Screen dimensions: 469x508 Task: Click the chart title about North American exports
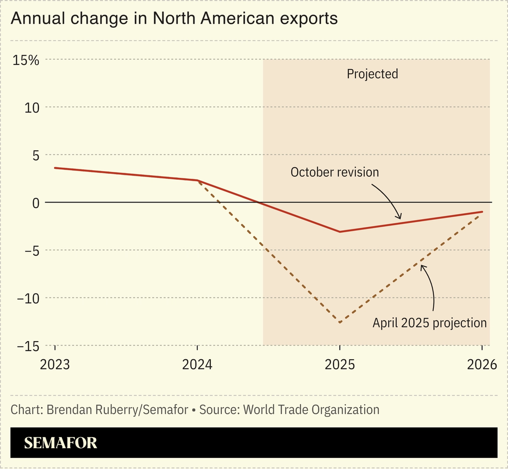pos(174,19)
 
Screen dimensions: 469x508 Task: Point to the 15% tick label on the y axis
pos(26,60)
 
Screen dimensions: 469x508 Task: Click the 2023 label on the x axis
pos(55,365)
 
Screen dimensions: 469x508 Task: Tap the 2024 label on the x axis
pos(197,365)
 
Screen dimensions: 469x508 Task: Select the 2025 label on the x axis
pos(340,365)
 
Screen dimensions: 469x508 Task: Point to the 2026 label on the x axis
pos(482,365)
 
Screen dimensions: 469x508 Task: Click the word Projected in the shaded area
pos(372,74)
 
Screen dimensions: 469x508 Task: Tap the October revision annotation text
pos(335,172)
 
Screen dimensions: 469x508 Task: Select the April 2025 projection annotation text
pos(430,323)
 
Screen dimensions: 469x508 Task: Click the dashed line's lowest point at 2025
pos(340,323)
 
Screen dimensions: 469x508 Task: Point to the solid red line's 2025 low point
pos(340,232)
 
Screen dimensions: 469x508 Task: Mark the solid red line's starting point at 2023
pos(55,168)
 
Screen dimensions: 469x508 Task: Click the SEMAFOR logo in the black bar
pos(60,443)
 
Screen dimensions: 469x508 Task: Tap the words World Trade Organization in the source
pos(311,409)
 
